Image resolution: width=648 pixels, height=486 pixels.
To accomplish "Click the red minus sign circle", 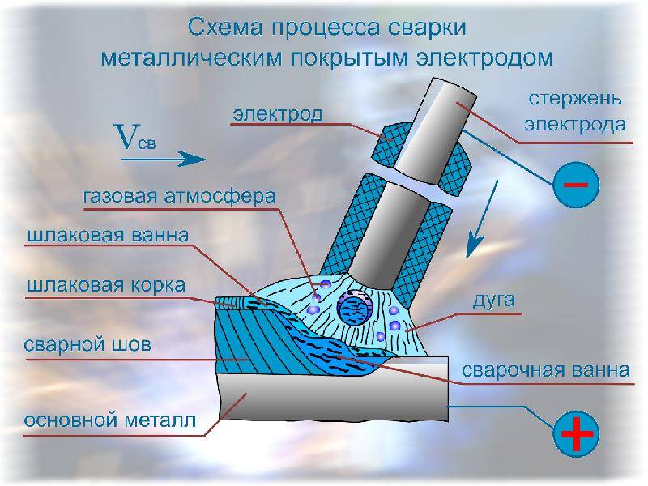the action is [x=576, y=185].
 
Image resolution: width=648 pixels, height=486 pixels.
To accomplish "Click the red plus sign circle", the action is [x=576, y=433].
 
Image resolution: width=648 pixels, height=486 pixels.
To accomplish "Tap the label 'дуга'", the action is [x=493, y=301].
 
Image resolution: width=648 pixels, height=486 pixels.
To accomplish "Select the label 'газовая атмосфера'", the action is [x=179, y=196].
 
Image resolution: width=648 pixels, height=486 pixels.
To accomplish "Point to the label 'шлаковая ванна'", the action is [x=109, y=235].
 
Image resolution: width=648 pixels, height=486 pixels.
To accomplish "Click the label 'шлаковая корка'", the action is [x=107, y=286].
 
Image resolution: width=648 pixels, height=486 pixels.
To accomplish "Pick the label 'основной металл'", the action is [x=110, y=420].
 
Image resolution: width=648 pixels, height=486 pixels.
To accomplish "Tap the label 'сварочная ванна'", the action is [x=545, y=370].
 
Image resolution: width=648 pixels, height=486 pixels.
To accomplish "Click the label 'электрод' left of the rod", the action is [x=278, y=113].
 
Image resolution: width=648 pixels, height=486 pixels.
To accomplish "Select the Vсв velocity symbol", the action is [x=135, y=137].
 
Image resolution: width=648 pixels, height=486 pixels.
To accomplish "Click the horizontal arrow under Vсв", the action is [x=164, y=159].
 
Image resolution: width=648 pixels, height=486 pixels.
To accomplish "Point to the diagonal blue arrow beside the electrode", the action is [x=483, y=219].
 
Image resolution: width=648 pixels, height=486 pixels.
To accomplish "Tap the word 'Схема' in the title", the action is [x=226, y=28].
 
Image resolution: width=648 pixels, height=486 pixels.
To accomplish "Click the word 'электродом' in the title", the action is [x=484, y=58].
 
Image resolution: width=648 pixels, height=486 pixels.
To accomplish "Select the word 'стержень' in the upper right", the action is [x=575, y=99].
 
